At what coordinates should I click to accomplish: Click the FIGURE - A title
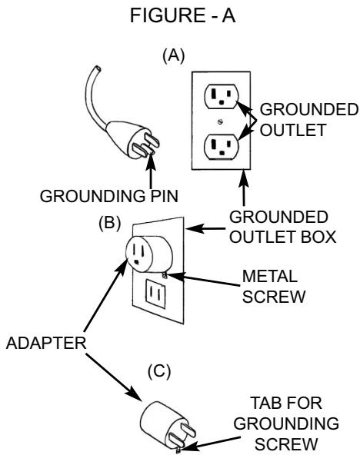tap(182, 15)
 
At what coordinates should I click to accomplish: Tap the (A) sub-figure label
tap(173, 55)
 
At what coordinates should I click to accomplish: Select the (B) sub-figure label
tap(109, 223)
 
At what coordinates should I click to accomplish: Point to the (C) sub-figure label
tap(159, 371)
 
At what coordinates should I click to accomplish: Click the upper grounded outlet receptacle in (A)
tap(222, 96)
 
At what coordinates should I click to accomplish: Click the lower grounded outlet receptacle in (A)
tap(222, 147)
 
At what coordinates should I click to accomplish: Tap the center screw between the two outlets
tap(221, 121)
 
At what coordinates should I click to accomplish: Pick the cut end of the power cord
tap(97, 69)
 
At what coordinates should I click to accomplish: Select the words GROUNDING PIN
tap(109, 196)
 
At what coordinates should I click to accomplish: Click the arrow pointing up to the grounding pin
tap(151, 172)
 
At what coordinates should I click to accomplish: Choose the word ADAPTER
tap(46, 343)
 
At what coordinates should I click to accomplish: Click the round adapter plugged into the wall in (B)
tap(148, 253)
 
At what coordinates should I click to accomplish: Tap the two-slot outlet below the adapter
tap(155, 294)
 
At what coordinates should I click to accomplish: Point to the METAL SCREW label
tap(274, 287)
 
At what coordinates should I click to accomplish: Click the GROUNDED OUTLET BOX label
tap(283, 227)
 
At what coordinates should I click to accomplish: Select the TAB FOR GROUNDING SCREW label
tap(286, 423)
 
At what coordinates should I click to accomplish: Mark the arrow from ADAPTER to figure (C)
tap(114, 377)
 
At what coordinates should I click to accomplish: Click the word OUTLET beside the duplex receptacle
tap(292, 130)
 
